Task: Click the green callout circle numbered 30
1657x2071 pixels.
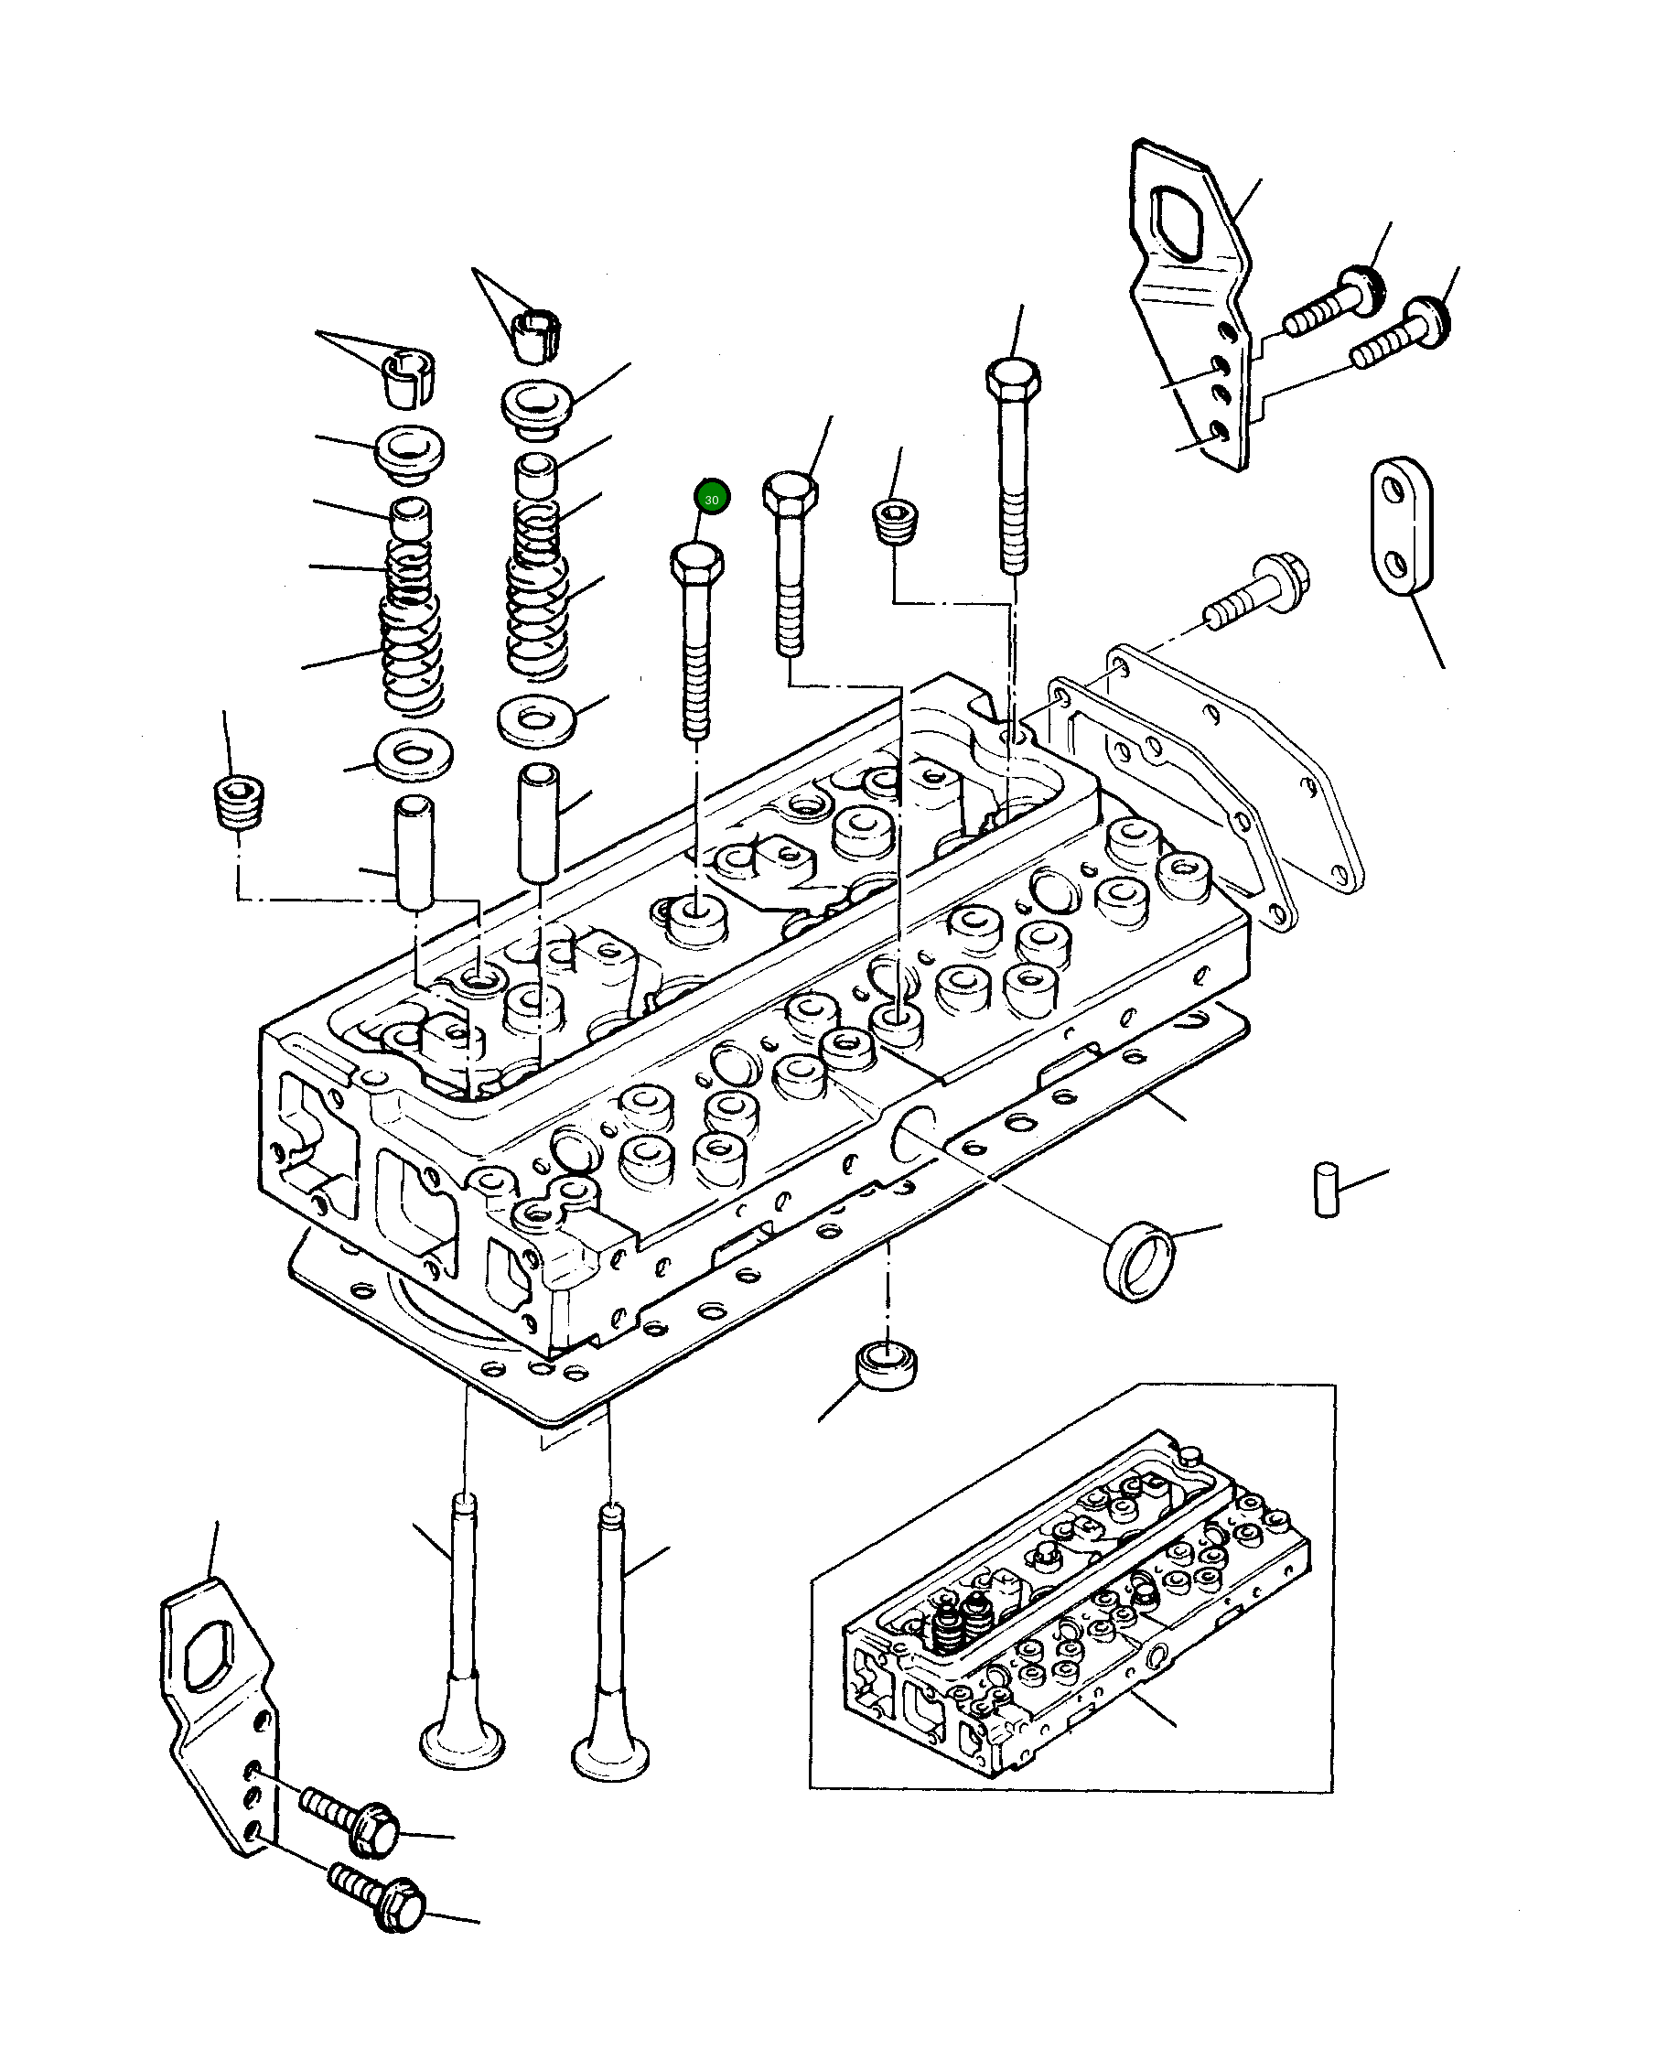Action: point(712,498)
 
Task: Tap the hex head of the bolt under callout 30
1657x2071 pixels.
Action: point(697,561)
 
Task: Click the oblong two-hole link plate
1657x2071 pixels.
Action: point(1401,526)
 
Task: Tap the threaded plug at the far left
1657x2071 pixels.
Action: point(238,802)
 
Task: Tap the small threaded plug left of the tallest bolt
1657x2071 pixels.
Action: point(895,523)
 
